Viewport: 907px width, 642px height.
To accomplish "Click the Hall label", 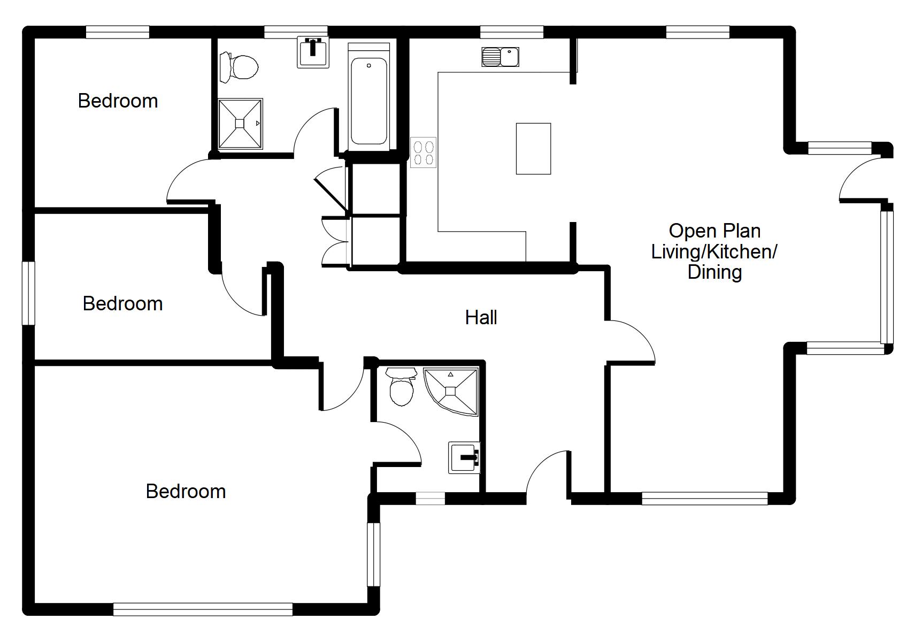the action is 481,318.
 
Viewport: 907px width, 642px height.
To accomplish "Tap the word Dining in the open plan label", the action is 714,273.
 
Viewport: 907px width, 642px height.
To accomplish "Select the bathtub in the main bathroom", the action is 368,97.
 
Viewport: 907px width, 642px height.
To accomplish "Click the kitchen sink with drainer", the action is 500,57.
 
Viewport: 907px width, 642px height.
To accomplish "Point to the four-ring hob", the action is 423,152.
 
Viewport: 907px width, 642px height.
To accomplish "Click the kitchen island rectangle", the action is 533,149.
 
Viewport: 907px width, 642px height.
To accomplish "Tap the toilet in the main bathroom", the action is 239,67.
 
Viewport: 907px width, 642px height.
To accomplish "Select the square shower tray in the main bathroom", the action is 241,124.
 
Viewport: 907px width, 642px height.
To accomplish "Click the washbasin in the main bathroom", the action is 313,52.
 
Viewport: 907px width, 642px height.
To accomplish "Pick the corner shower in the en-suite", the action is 451,391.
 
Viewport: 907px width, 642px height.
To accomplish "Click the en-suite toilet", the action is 401,386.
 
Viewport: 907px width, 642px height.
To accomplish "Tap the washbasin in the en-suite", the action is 464,458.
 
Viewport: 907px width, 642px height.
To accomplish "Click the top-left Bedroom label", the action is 118,101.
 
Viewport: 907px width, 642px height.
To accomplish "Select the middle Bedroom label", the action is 122,304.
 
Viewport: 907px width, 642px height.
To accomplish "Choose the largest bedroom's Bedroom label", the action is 186,492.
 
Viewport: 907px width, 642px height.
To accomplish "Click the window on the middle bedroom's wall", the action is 28,293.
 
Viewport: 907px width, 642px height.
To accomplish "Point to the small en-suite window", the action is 431,498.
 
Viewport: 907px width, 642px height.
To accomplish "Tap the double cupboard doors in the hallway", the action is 335,241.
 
